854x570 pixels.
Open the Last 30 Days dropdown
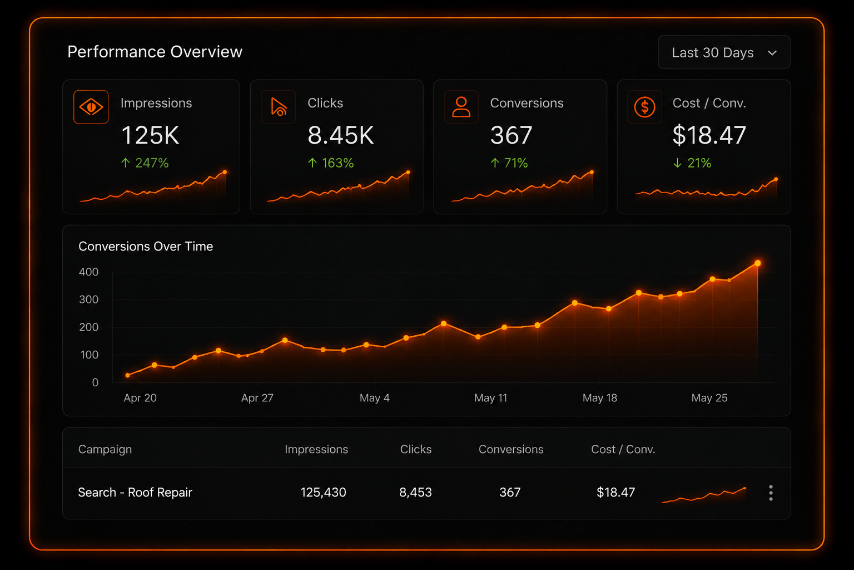[x=724, y=52]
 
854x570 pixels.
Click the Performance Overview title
[x=155, y=52]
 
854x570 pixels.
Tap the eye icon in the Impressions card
[x=91, y=107]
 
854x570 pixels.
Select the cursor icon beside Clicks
[x=279, y=107]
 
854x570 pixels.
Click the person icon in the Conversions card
[x=461, y=107]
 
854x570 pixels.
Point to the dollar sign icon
[x=645, y=107]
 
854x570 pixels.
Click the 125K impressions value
[x=150, y=135]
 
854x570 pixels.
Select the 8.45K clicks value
[x=340, y=135]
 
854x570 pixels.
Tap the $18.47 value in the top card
[x=709, y=135]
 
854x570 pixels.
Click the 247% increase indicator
[x=145, y=163]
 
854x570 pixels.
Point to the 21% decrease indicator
[x=692, y=163]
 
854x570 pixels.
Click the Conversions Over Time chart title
[x=146, y=247]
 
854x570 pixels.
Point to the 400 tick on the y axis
[x=88, y=272]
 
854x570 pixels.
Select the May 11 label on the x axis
[x=491, y=398]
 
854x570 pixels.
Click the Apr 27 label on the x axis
[x=257, y=398]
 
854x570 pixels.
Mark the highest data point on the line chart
[x=758, y=263]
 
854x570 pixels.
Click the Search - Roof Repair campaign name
[x=135, y=493]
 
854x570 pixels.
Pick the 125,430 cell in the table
[x=323, y=493]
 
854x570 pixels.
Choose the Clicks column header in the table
[x=415, y=449]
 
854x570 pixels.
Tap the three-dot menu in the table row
[x=771, y=493]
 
